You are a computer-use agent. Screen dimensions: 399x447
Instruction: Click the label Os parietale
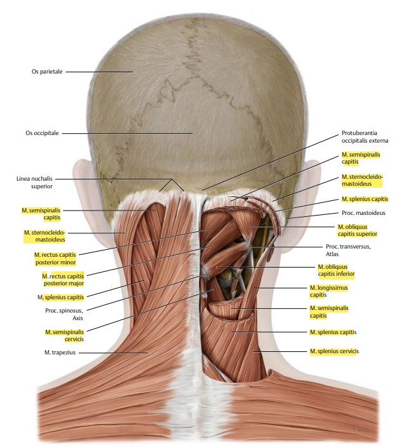(x=47, y=72)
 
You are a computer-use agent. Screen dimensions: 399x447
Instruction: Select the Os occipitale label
(x=42, y=133)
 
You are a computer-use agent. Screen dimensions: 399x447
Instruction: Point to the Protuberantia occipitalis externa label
(x=364, y=136)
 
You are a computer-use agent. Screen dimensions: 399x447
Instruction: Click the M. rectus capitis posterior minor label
(x=55, y=258)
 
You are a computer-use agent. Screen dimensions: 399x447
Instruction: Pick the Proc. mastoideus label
(x=363, y=213)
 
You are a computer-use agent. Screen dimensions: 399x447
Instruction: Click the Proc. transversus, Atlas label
(x=347, y=250)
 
